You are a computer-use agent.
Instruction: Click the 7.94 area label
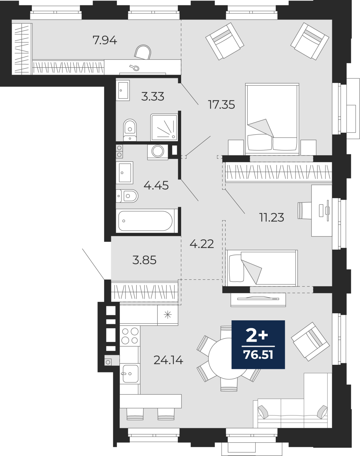click(105, 40)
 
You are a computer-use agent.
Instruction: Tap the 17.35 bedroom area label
click(222, 105)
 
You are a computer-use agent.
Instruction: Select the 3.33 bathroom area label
click(153, 97)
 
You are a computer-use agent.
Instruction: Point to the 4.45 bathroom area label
click(156, 186)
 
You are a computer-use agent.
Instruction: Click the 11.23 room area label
click(272, 217)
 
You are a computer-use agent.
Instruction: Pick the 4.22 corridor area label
click(202, 244)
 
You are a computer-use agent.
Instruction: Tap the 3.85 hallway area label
click(144, 260)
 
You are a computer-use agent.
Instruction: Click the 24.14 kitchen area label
click(168, 360)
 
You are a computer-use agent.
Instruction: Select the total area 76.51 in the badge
click(258, 355)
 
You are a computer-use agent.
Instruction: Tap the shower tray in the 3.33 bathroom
click(164, 127)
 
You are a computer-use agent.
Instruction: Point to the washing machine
click(157, 152)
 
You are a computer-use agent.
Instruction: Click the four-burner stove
click(130, 336)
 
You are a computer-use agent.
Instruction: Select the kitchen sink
click(130, 374)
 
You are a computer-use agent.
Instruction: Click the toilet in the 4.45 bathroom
click(127, 196)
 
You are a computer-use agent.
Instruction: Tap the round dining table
click(229, 359)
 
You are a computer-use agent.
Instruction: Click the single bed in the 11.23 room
click(261, 268)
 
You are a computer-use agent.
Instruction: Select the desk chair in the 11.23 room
click(304, 210)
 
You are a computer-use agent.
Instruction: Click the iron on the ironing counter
click(134, 68)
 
